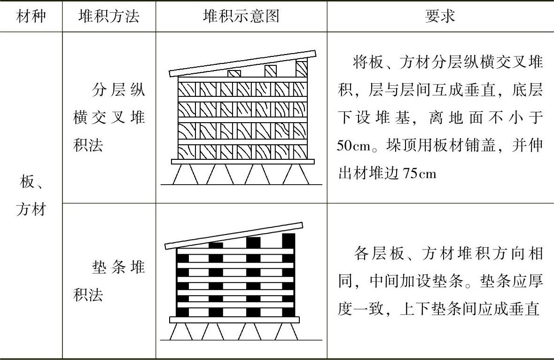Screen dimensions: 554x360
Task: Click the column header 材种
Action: (x=31, y=16)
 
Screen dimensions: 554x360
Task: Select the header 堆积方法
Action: (x=109, y=16)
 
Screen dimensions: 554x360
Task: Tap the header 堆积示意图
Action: (x=241, y=16)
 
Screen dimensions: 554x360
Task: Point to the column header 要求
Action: (x=440, y=16)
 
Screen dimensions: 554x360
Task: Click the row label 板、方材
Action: (x=31, y=195)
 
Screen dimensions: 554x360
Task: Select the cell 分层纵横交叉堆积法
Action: (x=109, y=117)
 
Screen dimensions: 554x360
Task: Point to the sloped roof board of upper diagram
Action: (x=242, y=63)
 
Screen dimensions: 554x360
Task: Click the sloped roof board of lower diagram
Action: (x=234, y=235)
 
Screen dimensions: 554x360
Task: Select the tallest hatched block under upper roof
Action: (x=301, y=69)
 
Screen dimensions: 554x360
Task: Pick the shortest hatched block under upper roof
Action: (x=234, y=73)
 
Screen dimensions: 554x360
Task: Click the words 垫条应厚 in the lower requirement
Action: (x=510, y=282)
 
